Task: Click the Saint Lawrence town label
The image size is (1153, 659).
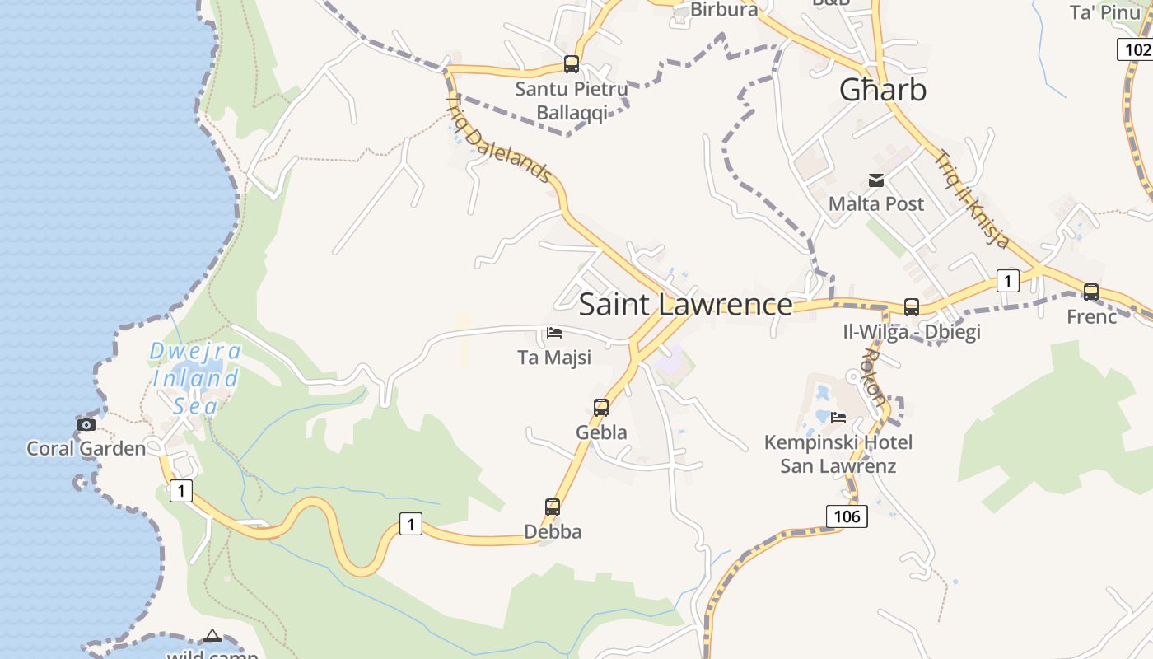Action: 685,305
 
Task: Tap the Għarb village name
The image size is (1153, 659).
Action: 883,90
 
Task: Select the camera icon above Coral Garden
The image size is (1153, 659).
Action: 86,425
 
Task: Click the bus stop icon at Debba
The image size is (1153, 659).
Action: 553,507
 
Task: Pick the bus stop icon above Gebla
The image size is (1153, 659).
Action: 601,407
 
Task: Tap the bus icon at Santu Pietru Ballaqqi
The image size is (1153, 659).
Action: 571,64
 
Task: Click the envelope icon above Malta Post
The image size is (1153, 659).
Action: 876,180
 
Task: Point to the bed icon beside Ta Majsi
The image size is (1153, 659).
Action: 554,333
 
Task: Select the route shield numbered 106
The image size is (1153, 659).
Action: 846,516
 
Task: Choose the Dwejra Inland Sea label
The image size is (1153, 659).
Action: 196,378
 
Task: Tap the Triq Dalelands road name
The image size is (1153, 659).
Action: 497,138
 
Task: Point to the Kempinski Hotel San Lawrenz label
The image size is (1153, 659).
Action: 838,454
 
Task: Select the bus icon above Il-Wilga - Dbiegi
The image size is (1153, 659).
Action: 912,307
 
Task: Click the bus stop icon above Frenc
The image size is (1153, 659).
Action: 1091,292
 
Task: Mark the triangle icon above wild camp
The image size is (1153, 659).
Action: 212,635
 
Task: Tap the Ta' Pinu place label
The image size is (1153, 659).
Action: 1104,12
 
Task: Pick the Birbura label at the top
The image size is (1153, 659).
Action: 724,10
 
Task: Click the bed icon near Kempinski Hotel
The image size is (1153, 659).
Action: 838,417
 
